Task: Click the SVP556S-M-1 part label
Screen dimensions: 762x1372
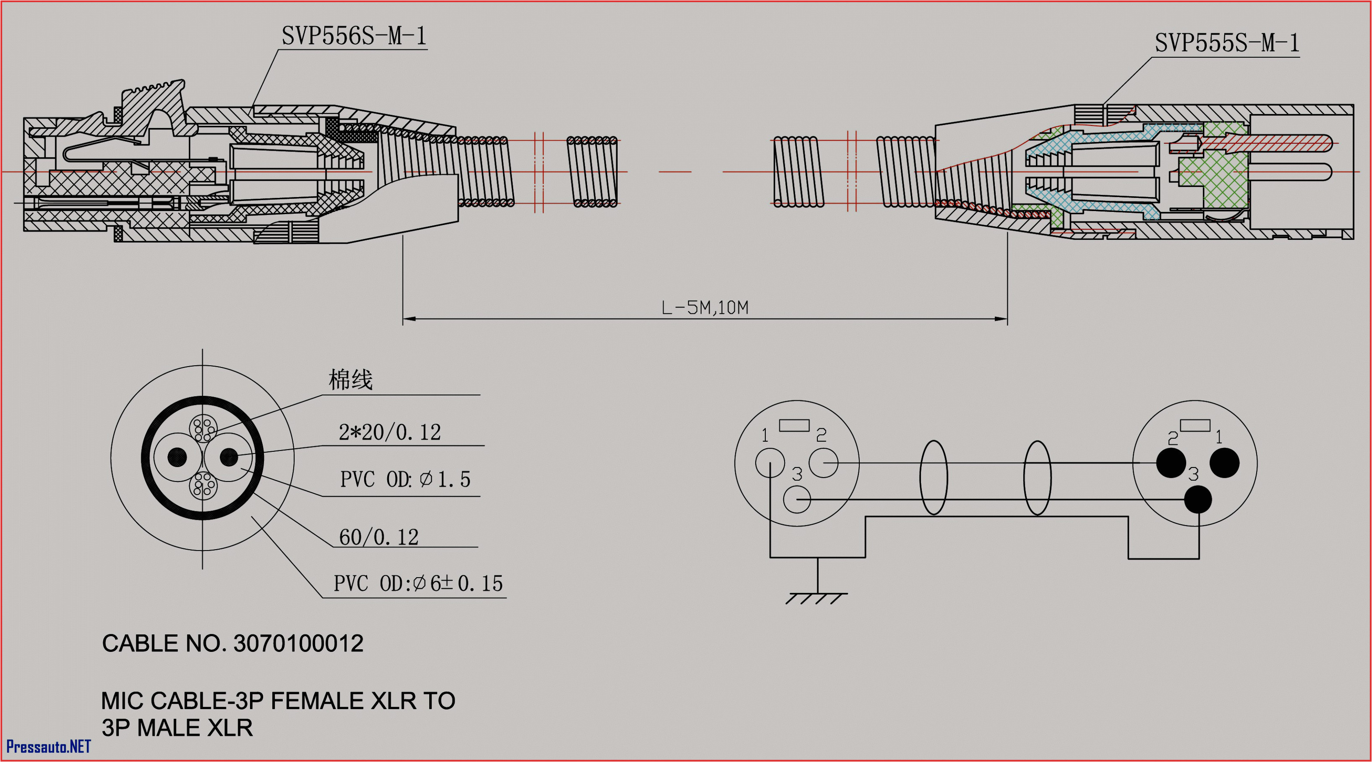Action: click(x=354, y=36)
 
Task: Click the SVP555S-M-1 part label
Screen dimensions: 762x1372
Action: click(x=1226, y=42)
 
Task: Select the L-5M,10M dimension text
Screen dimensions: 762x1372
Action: click(x=704, y=307)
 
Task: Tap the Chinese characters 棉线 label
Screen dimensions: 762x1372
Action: click(x=350, y=380)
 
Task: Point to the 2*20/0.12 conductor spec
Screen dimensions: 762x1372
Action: click(x=389, y=432)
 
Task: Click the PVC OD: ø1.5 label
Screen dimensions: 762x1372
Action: click(x=405, y=479)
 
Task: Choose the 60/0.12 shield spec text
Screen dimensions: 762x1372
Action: click(x=378, y=537)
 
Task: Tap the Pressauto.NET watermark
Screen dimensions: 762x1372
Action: click(x=49, y=747)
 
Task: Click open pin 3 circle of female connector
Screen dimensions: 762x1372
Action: click(x=797, y=499)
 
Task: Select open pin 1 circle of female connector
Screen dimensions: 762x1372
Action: click(x=770, y=462)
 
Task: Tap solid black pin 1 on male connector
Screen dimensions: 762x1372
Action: click(x=1224, y=462)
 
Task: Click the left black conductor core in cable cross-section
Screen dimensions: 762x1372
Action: click(x=177, y=457)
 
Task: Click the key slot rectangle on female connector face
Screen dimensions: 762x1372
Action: click(x=794, y=425)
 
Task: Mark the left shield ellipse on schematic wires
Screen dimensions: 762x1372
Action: click(x=933, y=477)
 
